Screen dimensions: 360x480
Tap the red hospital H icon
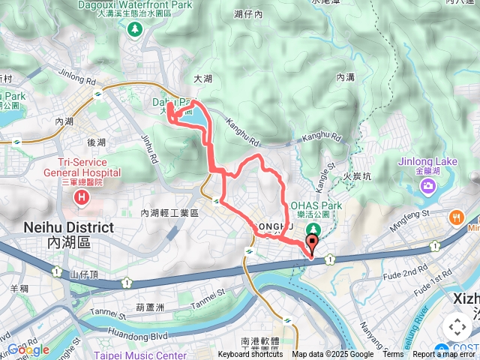[81, 198]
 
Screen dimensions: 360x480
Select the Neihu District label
[69, 227]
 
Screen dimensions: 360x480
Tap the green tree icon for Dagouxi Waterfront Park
[135, 29]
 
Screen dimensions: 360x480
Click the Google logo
[28, 350]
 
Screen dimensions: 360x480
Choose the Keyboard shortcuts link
[250, 355]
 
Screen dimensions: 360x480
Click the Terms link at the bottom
[394, 355]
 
